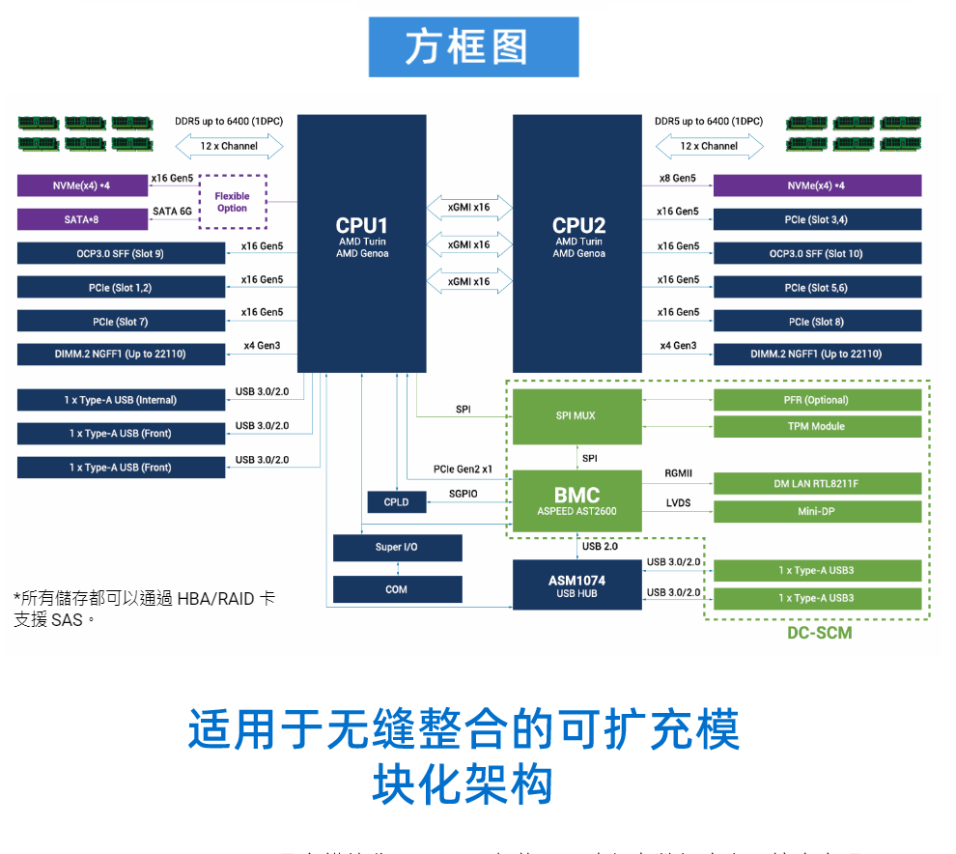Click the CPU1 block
[x=361, y=242]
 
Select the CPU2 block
[x=577, y=242]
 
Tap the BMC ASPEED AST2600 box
[x=576, y=500]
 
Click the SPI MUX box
[x=576, y=416]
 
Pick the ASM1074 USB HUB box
[x=576, y=585]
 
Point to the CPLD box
[x=396, y=502]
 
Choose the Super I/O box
[x=396, y=548]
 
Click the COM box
[x=396, y=589]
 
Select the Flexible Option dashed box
[x=232, y=202]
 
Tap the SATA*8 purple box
[x=82, y=219]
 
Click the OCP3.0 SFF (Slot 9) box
[x=121, y=254]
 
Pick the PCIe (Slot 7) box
[x=121, y=322]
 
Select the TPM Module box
[x=817, y=426]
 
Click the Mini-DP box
[x=817, y=511]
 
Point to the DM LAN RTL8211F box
[x=817, y=484]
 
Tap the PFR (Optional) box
[x=817, y=400]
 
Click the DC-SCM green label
[x=819, y=634]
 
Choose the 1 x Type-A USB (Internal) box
[x=121, y=400]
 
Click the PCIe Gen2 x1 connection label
[x=463, y=470]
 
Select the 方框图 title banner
[x=473, y=47]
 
